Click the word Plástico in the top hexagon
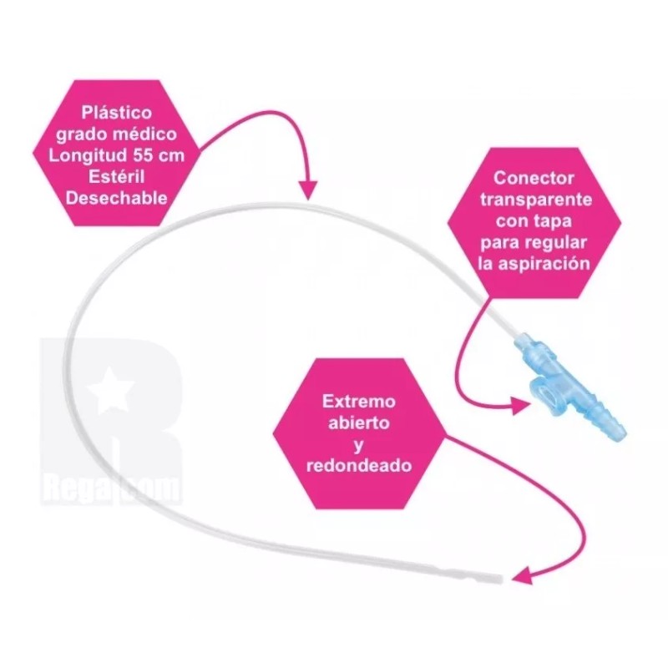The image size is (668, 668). pyautogui.click(x=116, y=113)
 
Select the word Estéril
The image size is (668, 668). pyautogui.click(x=116, y=176)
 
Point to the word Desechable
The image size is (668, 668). pyautogui.click(x=116, y=198)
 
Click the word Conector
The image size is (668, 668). pyautogui.click(x=534, y=178)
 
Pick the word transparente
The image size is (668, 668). pyautogui.click(x=536, y=200)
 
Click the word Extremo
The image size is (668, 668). pyautogui.click(x=359, y=402)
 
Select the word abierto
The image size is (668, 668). pyautogui.click(x=359, y=423)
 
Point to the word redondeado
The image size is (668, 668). pyautogui.click(x=359, y=465)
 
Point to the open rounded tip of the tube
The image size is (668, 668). pyautogui.click(x=498, y=579)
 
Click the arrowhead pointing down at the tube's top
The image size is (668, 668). pyautogui.click(x=307, y=190)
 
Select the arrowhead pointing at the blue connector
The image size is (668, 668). pyautogui.click(x=520, y=406)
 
